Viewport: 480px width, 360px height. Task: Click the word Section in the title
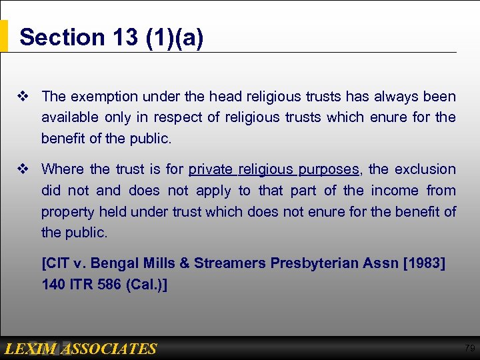pyautogui.click(x=61, y=37)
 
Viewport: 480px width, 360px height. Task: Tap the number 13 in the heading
pyautogui.click(x=125, y=37)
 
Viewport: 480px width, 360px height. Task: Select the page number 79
pyautogui.click(x=469, y=348)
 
